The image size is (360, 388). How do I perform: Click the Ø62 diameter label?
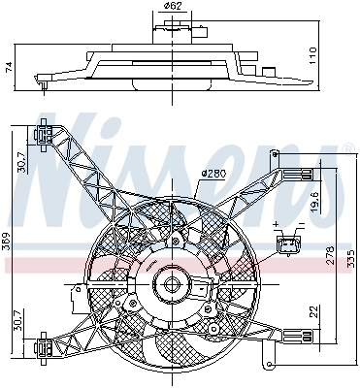coord(173,6)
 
